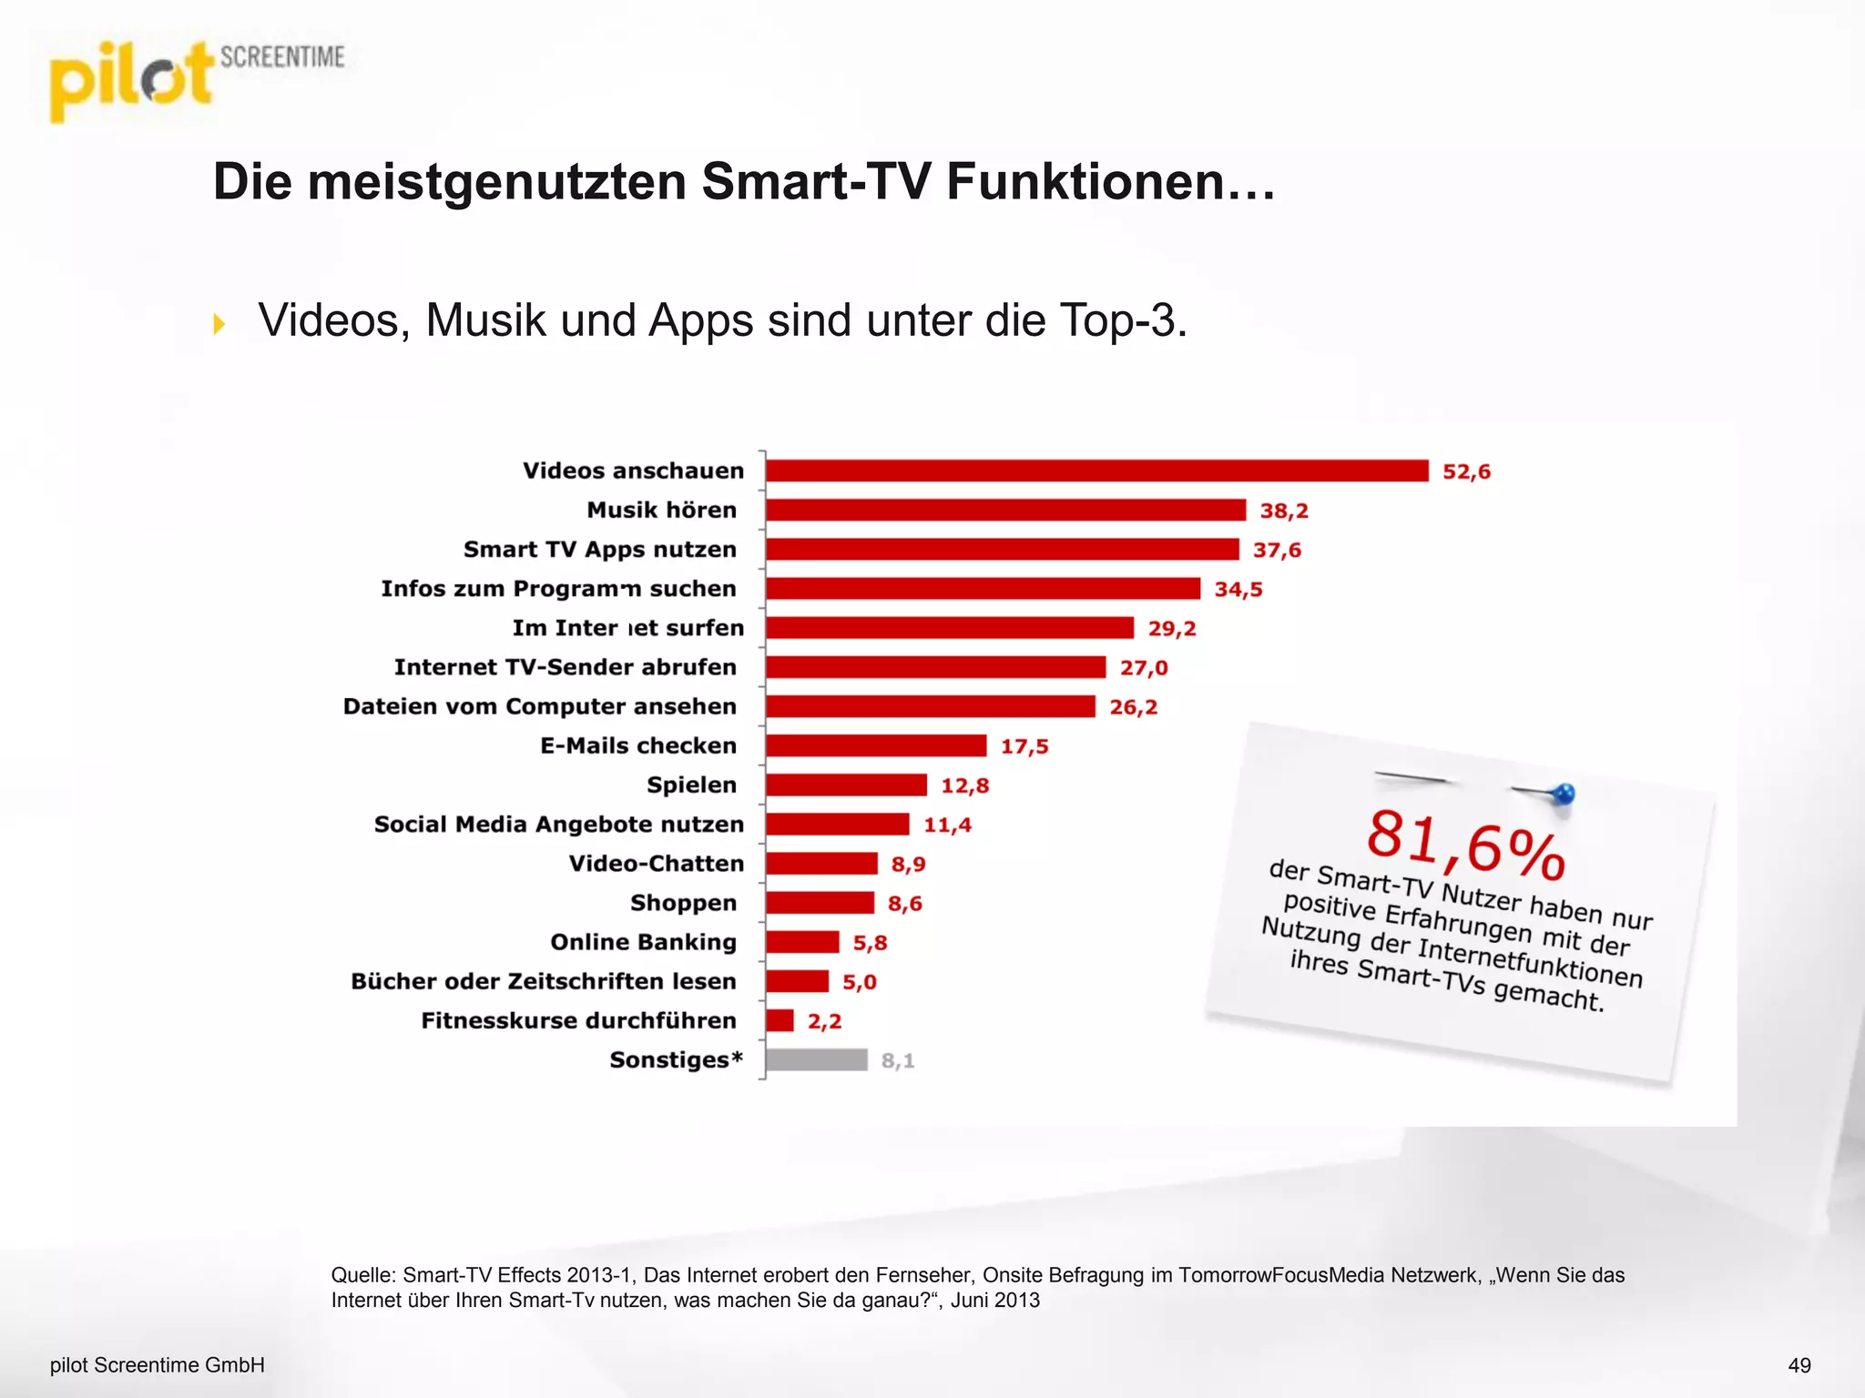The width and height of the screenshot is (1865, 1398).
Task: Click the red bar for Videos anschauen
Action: click(x=1096, y=471)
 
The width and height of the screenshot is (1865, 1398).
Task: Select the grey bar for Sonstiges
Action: click(x=816, y=1059)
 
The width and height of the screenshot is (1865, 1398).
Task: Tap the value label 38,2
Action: click(x=1284, y=511)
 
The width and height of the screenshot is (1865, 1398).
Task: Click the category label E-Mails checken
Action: click(x=638, y=745)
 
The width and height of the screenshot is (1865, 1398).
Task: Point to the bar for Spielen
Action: click(x=846, y=785)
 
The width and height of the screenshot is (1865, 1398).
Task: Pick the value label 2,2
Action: click(x=824, y=1021)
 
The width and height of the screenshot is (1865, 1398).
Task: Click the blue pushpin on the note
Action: click(x=1563, y=794)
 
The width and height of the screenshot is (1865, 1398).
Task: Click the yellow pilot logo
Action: click(x=130, y=82)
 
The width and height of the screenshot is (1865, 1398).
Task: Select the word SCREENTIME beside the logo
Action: click(x=282, y=57)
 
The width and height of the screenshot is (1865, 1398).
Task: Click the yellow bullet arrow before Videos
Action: click(x=219, y=323)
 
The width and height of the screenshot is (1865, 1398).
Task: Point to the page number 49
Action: click(x=1799, y=1365)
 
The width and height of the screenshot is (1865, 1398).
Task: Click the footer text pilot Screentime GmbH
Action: click(x=157, y=1365)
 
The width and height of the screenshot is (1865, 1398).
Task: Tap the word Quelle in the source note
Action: click(x=362, y=1275)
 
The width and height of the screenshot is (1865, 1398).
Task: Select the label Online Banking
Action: click(x=643, y=942)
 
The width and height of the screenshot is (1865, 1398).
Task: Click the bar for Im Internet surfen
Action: click(x=949, y=628)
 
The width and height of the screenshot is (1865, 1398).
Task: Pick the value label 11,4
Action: click(x=947, y=825)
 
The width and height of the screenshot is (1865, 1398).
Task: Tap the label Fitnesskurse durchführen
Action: click(x=578, y=1020)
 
